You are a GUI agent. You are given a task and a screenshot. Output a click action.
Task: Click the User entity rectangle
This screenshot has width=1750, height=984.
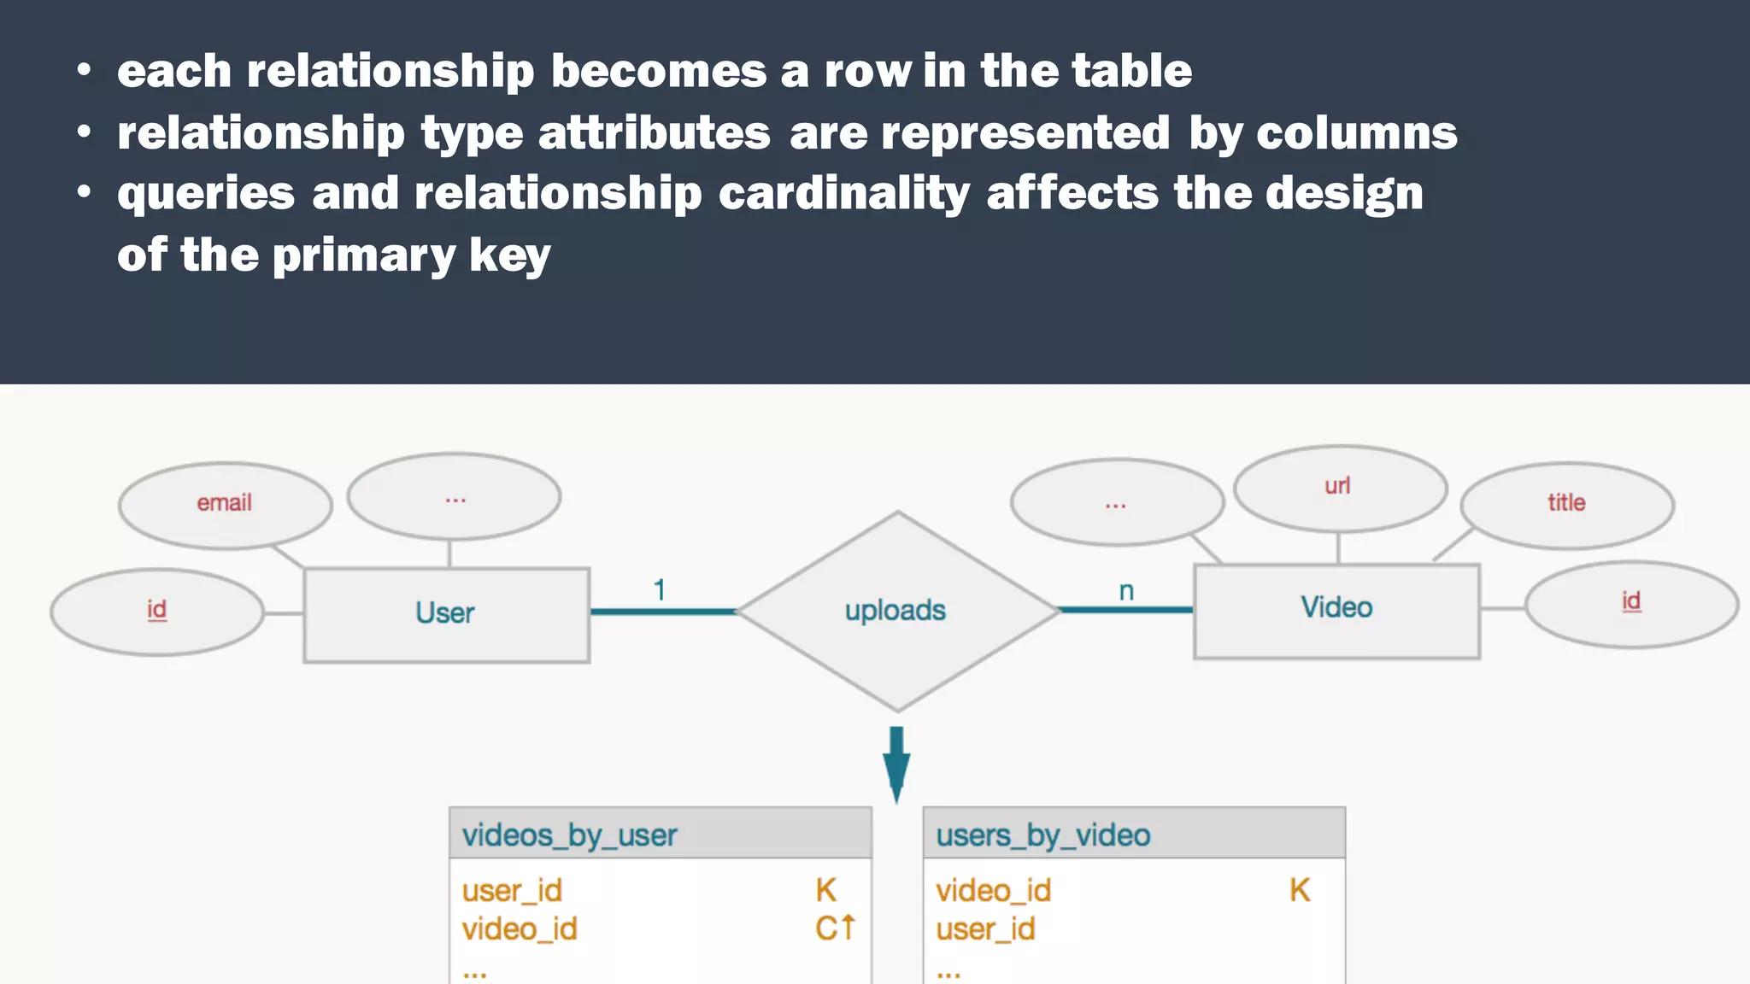coord(446,614)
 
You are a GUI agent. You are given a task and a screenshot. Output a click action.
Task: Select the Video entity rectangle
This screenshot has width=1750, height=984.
coord(1336,610)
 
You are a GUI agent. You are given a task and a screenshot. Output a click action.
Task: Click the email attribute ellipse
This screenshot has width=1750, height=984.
coord(225,504)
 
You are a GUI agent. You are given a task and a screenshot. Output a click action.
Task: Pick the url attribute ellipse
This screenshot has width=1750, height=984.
coord(1339,487)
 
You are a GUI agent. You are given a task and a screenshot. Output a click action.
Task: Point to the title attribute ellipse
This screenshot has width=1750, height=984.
coord(1566,504)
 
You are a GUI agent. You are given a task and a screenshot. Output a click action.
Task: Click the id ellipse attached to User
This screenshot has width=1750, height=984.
coord(157,612)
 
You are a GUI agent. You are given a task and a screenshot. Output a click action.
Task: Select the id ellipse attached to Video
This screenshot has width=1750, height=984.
coord(1631,603)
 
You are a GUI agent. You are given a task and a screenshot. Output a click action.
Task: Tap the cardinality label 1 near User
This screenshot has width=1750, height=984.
coord(660,590)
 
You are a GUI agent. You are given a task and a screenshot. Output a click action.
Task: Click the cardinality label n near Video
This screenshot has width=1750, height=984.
coord(1126,591)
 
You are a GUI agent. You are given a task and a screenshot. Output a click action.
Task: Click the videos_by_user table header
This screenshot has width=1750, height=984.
coord(660,835)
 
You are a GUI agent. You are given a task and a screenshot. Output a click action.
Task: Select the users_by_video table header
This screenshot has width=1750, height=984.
coord(1133,835)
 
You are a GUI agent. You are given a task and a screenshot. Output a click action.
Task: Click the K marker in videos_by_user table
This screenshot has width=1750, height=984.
coord(825,891)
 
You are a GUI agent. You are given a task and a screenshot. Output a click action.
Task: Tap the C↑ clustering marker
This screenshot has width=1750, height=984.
coord(835,928)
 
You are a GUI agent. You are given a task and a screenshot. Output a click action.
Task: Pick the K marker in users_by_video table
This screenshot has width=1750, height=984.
coord(1300,891)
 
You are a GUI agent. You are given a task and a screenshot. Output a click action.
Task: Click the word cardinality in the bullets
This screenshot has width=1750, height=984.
coord(844,194)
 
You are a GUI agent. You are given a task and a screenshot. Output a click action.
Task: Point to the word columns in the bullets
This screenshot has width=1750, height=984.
coord(1356,133)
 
